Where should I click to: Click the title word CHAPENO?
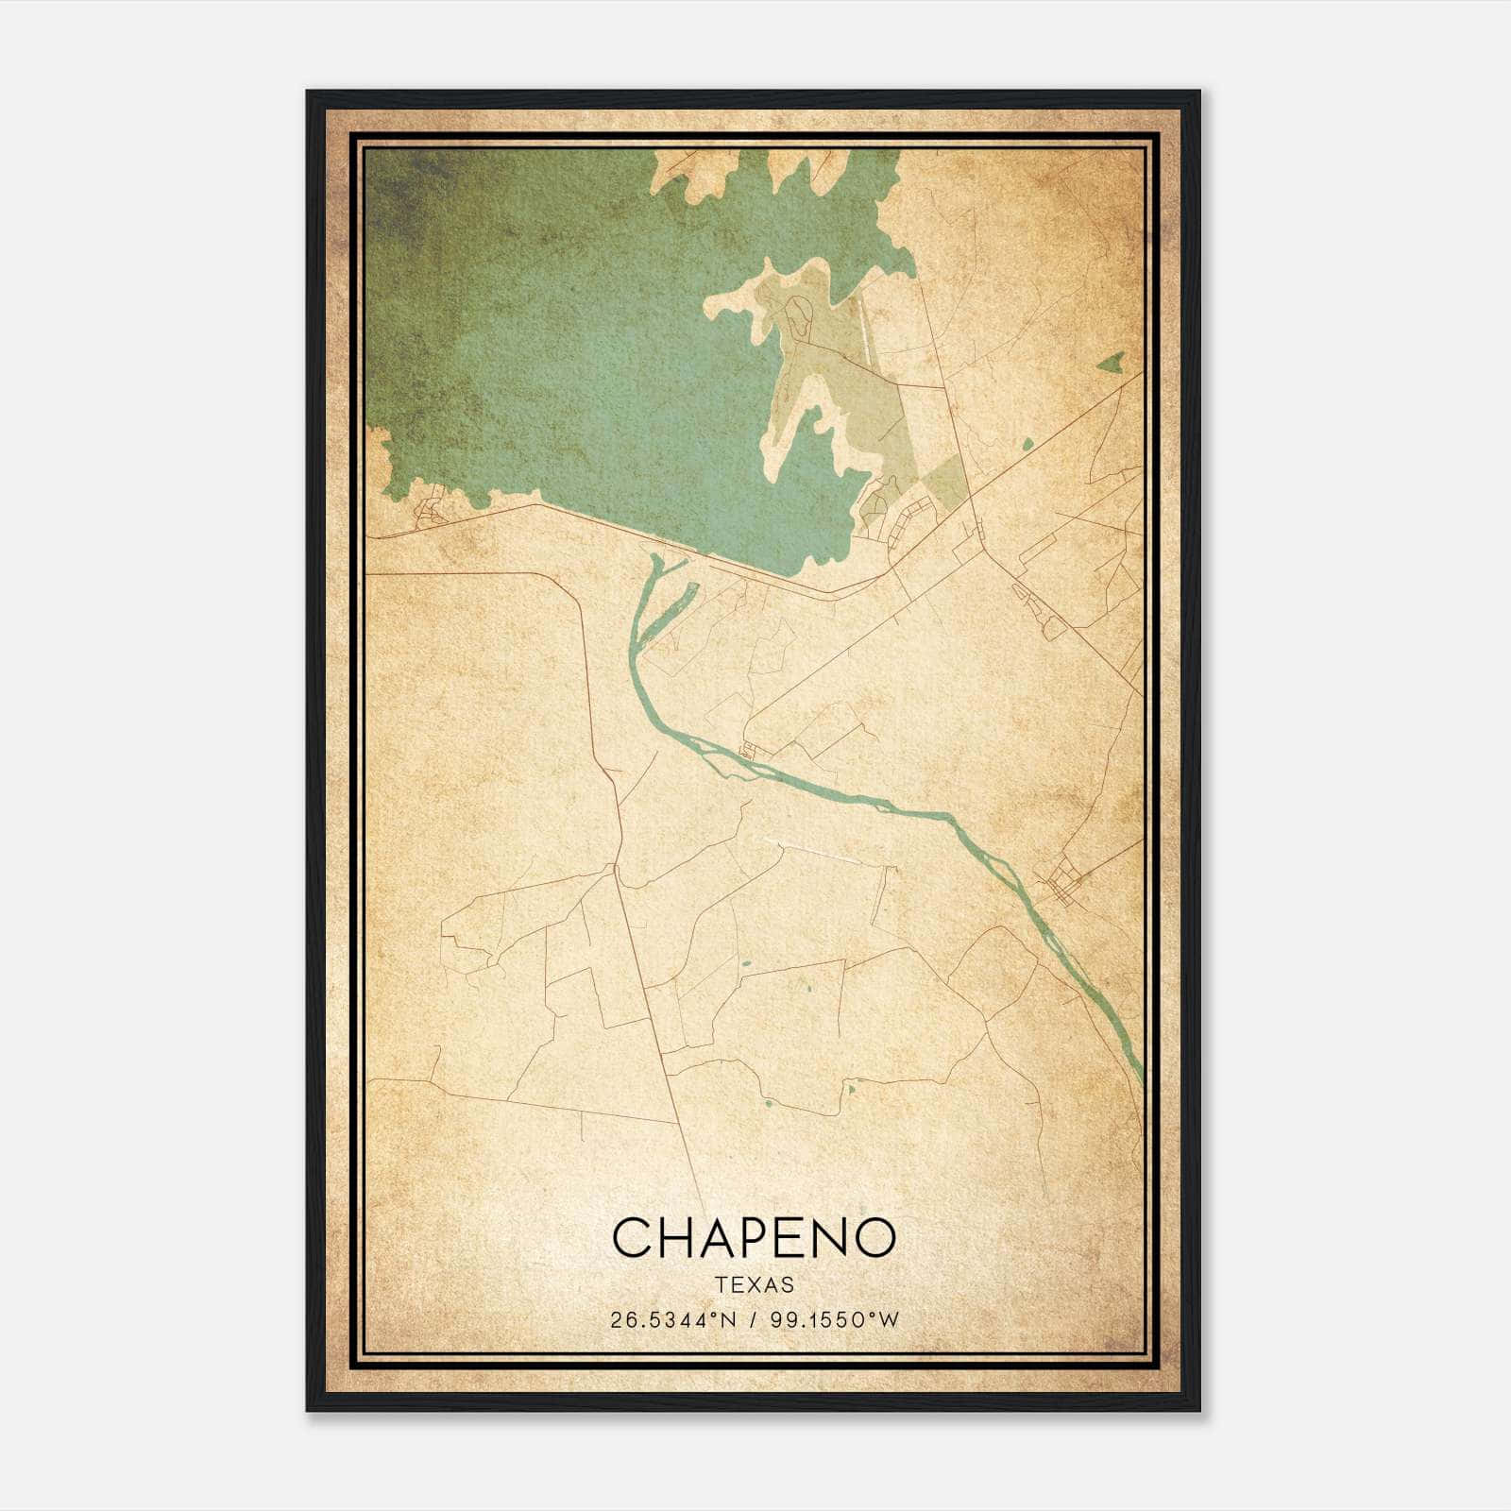[x=754, y=1237]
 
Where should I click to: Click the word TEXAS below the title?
[x=755, y=1285]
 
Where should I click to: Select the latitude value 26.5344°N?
[x=671, y=1320]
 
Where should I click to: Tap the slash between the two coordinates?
[x=753, y=1320]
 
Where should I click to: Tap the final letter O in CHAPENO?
[x=874, y=1237]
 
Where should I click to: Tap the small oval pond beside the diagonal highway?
[x=1027, y=443]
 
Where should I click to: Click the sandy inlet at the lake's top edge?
[x=699, y=175]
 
